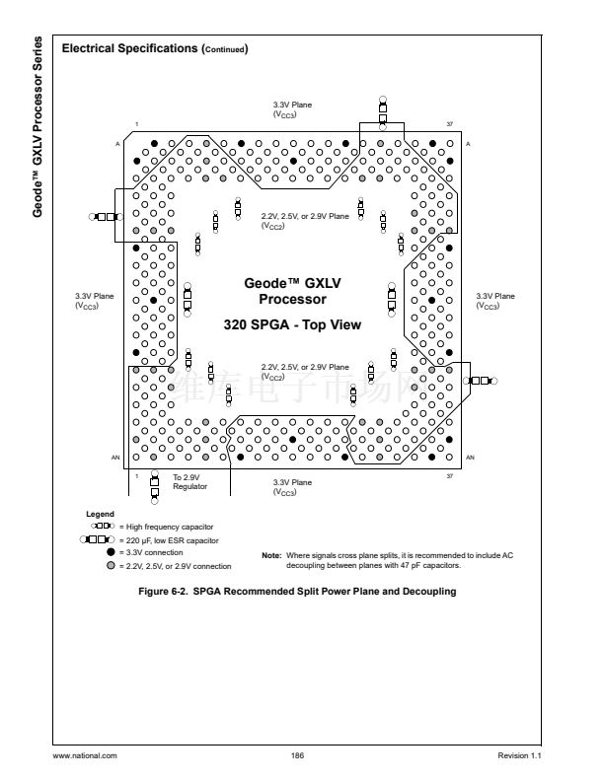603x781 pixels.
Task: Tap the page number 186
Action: coord(297,754)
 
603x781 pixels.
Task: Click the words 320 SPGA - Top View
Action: coord(292,323)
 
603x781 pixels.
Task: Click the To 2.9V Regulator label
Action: coord(189,480)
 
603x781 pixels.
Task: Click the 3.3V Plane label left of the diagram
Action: coord(95,300)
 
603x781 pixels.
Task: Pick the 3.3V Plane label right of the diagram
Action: coord(494,300)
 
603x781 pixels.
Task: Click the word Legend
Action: coord(102,514)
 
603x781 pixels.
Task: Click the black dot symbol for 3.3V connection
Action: coord(110,553)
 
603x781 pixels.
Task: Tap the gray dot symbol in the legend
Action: coord(110,566)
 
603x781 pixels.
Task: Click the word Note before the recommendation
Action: coord(271,555)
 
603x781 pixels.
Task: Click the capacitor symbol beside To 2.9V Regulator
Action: coord(154,483)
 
